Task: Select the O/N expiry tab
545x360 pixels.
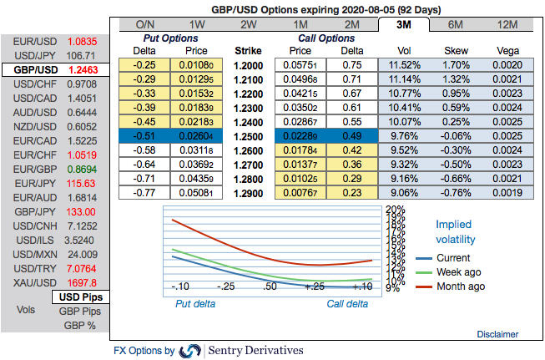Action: pos(145,24)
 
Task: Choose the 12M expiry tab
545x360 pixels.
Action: pos(507,24)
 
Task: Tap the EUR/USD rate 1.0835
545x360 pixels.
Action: pos(82,40)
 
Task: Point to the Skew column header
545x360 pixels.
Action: pos(455,50)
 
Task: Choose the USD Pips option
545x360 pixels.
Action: pos(80,297)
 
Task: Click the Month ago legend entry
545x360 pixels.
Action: pos(460,286)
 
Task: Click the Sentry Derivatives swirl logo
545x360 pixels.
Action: pos(190,351)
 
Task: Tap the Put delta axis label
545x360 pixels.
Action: pos(194,304)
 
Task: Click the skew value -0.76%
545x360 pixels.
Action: pos(455,192)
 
